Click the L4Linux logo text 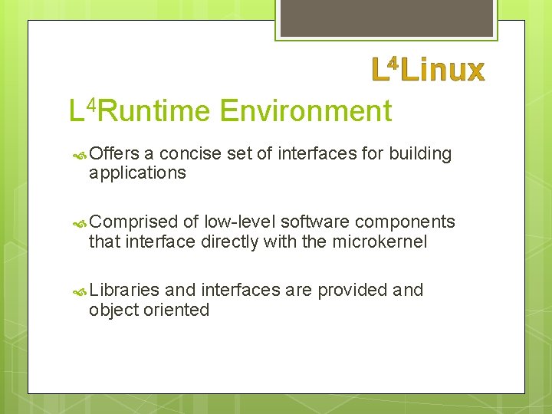[x=429, y=69]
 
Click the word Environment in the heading [x=305, y=111]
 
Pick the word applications [x=137, y=173]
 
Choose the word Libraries [x=124, y=290]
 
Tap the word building [x=420, y=153]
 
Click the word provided [x=352, y=290]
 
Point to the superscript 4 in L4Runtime [x=91, y=103]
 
